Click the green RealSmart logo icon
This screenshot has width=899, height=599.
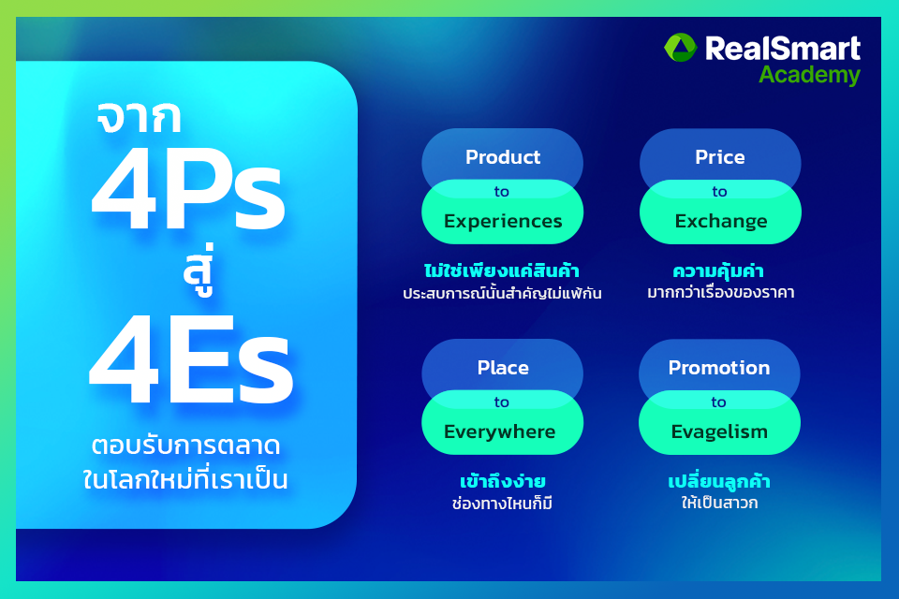pos(681,49)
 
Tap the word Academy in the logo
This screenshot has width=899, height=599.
pos(809,75)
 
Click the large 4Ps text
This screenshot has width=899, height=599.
pos(187,197)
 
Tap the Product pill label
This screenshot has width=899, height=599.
pos(503,157)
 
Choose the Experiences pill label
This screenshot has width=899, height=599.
pos(503,222)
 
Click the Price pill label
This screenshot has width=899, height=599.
pos(719,157)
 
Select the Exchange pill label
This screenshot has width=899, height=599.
pos(720,222)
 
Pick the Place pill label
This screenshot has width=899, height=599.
pos(503,368)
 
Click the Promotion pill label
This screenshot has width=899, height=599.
pos(719,368)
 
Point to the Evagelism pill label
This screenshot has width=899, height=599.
pos(719,431)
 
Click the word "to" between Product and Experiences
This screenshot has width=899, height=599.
pos(502,191)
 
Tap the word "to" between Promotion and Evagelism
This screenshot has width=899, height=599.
pos(718,402)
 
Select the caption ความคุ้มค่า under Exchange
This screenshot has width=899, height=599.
pos(719,271)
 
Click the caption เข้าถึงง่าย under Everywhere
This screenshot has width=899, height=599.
pos(503,482)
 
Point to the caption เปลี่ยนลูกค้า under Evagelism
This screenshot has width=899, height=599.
pos(719,482)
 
